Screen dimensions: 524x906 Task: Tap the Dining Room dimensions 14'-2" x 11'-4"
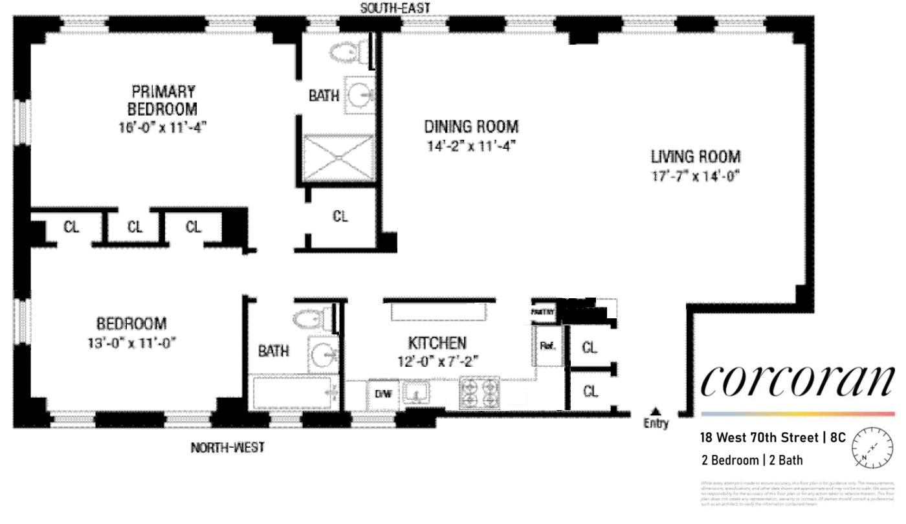[x=470, y=146]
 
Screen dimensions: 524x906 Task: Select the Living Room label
[x=696, y=156]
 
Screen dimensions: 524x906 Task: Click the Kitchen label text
[x=437, y=342]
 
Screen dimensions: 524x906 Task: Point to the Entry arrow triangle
[x=656, y=411]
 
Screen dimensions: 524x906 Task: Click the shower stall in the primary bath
[x=338, y=158]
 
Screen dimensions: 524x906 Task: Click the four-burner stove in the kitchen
[x=480, y=393]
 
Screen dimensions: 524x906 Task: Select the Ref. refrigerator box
[x=548, y=346]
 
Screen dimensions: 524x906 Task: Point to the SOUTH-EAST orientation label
[x=395, y=8]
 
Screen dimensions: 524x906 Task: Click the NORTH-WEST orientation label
[x=227, y=447]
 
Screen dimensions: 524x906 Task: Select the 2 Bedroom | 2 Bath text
[x=752, y=461]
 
